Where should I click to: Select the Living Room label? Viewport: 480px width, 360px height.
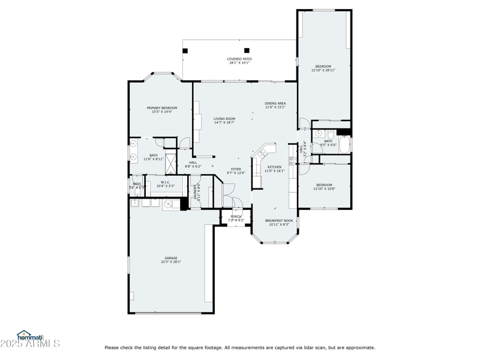click(x=224, y=119)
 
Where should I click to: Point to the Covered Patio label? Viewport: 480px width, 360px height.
click(x=239, y=59)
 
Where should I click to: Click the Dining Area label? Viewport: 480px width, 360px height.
click(x=275, y=103)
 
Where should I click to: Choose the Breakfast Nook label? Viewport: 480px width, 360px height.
click(x=279, y=220)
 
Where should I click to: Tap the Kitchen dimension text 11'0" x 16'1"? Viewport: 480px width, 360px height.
click(x=274, y=171)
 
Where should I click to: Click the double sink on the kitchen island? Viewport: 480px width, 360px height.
click(x=262, y=154)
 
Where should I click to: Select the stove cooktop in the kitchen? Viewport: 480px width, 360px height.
click(x=292, y=161)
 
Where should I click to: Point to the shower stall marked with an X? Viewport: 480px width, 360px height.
click(x=171, y=163)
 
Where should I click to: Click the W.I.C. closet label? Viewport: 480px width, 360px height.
click(x=165, y=182)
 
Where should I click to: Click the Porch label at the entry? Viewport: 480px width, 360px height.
click(x=236, y=217)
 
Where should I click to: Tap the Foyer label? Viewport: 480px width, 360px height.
click(x=236, y=169)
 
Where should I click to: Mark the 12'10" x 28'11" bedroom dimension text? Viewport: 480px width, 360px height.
click(x=323, y=70)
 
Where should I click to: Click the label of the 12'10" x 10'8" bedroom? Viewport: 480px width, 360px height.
click(x=324, y=185)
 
